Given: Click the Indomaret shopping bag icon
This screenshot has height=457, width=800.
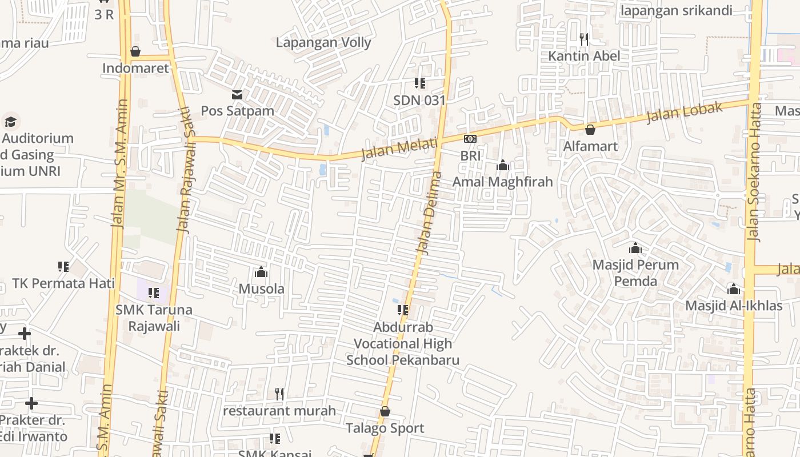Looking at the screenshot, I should (x=135, y=51).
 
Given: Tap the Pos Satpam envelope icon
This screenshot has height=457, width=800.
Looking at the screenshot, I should (x=237, y=94).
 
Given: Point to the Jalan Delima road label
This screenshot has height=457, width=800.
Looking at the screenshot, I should (x=430, y=213).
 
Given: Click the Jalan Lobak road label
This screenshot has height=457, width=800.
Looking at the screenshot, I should (x=685, y=113).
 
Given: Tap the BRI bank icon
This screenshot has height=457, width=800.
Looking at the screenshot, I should (x=470, y=139).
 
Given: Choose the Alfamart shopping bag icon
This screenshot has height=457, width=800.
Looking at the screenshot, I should (x=590, y=130).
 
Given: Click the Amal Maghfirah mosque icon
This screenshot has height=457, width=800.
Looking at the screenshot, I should (x=503, y=165).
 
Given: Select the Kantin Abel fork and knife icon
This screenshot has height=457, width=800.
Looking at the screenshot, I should (x=583, y=39).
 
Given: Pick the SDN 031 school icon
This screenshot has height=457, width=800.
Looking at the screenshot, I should (x=420, y=83).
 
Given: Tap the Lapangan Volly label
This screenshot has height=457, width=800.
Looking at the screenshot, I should (x=323, y=42).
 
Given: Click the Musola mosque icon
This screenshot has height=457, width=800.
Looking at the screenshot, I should (x=261, y=271).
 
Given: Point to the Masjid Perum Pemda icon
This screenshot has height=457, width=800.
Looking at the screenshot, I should (x=635, y=248).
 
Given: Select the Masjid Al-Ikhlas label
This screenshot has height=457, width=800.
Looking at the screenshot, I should (x=734, y=306).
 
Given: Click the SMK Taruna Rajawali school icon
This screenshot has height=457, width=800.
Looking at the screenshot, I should (x=154, y=293).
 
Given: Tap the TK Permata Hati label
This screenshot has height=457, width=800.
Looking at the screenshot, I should (x=63, y=283).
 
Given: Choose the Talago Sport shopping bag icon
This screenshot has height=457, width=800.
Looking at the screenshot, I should (x=385, y=411).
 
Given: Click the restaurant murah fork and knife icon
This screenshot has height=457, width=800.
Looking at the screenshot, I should (x=279, y=394).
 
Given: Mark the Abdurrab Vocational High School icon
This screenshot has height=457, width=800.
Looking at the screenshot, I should (x=403, y=310).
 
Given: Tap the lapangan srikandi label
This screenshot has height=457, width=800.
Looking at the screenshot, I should (x=684, y=10).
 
